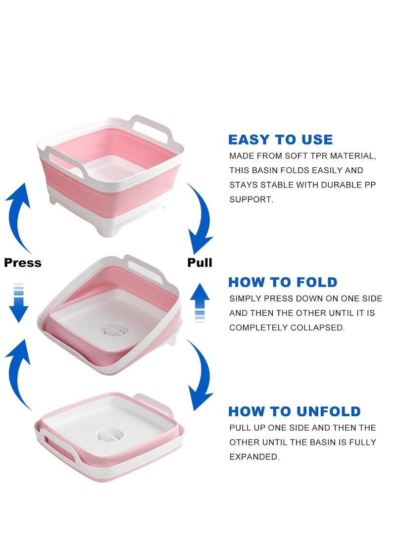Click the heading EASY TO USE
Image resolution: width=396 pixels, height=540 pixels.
pos(280,140)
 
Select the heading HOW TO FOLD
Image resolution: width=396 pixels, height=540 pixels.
pos(283,282)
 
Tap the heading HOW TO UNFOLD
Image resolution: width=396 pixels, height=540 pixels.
pos(295,411)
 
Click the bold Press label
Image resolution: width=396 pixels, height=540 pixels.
pos(23,263)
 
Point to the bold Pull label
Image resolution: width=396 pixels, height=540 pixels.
pos(199,262)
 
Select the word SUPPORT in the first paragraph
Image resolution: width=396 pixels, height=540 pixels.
pos(251,199)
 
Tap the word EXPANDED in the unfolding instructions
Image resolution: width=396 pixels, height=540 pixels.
pos(254,457)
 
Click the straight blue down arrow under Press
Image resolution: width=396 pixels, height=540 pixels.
pos(19,303)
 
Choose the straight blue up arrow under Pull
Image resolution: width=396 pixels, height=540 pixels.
pos(199,303)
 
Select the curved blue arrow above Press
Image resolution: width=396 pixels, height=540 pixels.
pos(18,217)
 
